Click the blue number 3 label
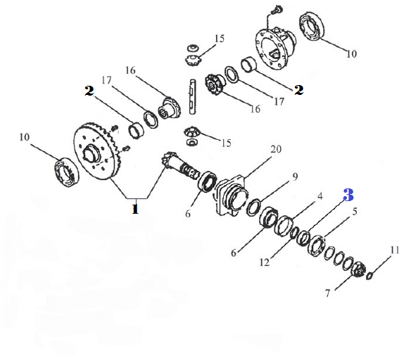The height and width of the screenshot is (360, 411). coord(348,195)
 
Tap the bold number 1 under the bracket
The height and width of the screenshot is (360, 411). coord(135,209)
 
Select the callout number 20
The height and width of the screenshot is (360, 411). coord(276,149)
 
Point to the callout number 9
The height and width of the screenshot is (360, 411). coord(295,176)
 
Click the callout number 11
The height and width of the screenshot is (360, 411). coord(395,250)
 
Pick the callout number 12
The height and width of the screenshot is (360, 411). coord(265,262)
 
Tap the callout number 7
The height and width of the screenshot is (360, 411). coord(327,293)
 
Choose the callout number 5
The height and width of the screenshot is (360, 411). coord(355,211)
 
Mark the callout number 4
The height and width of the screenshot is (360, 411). coord(320,196)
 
